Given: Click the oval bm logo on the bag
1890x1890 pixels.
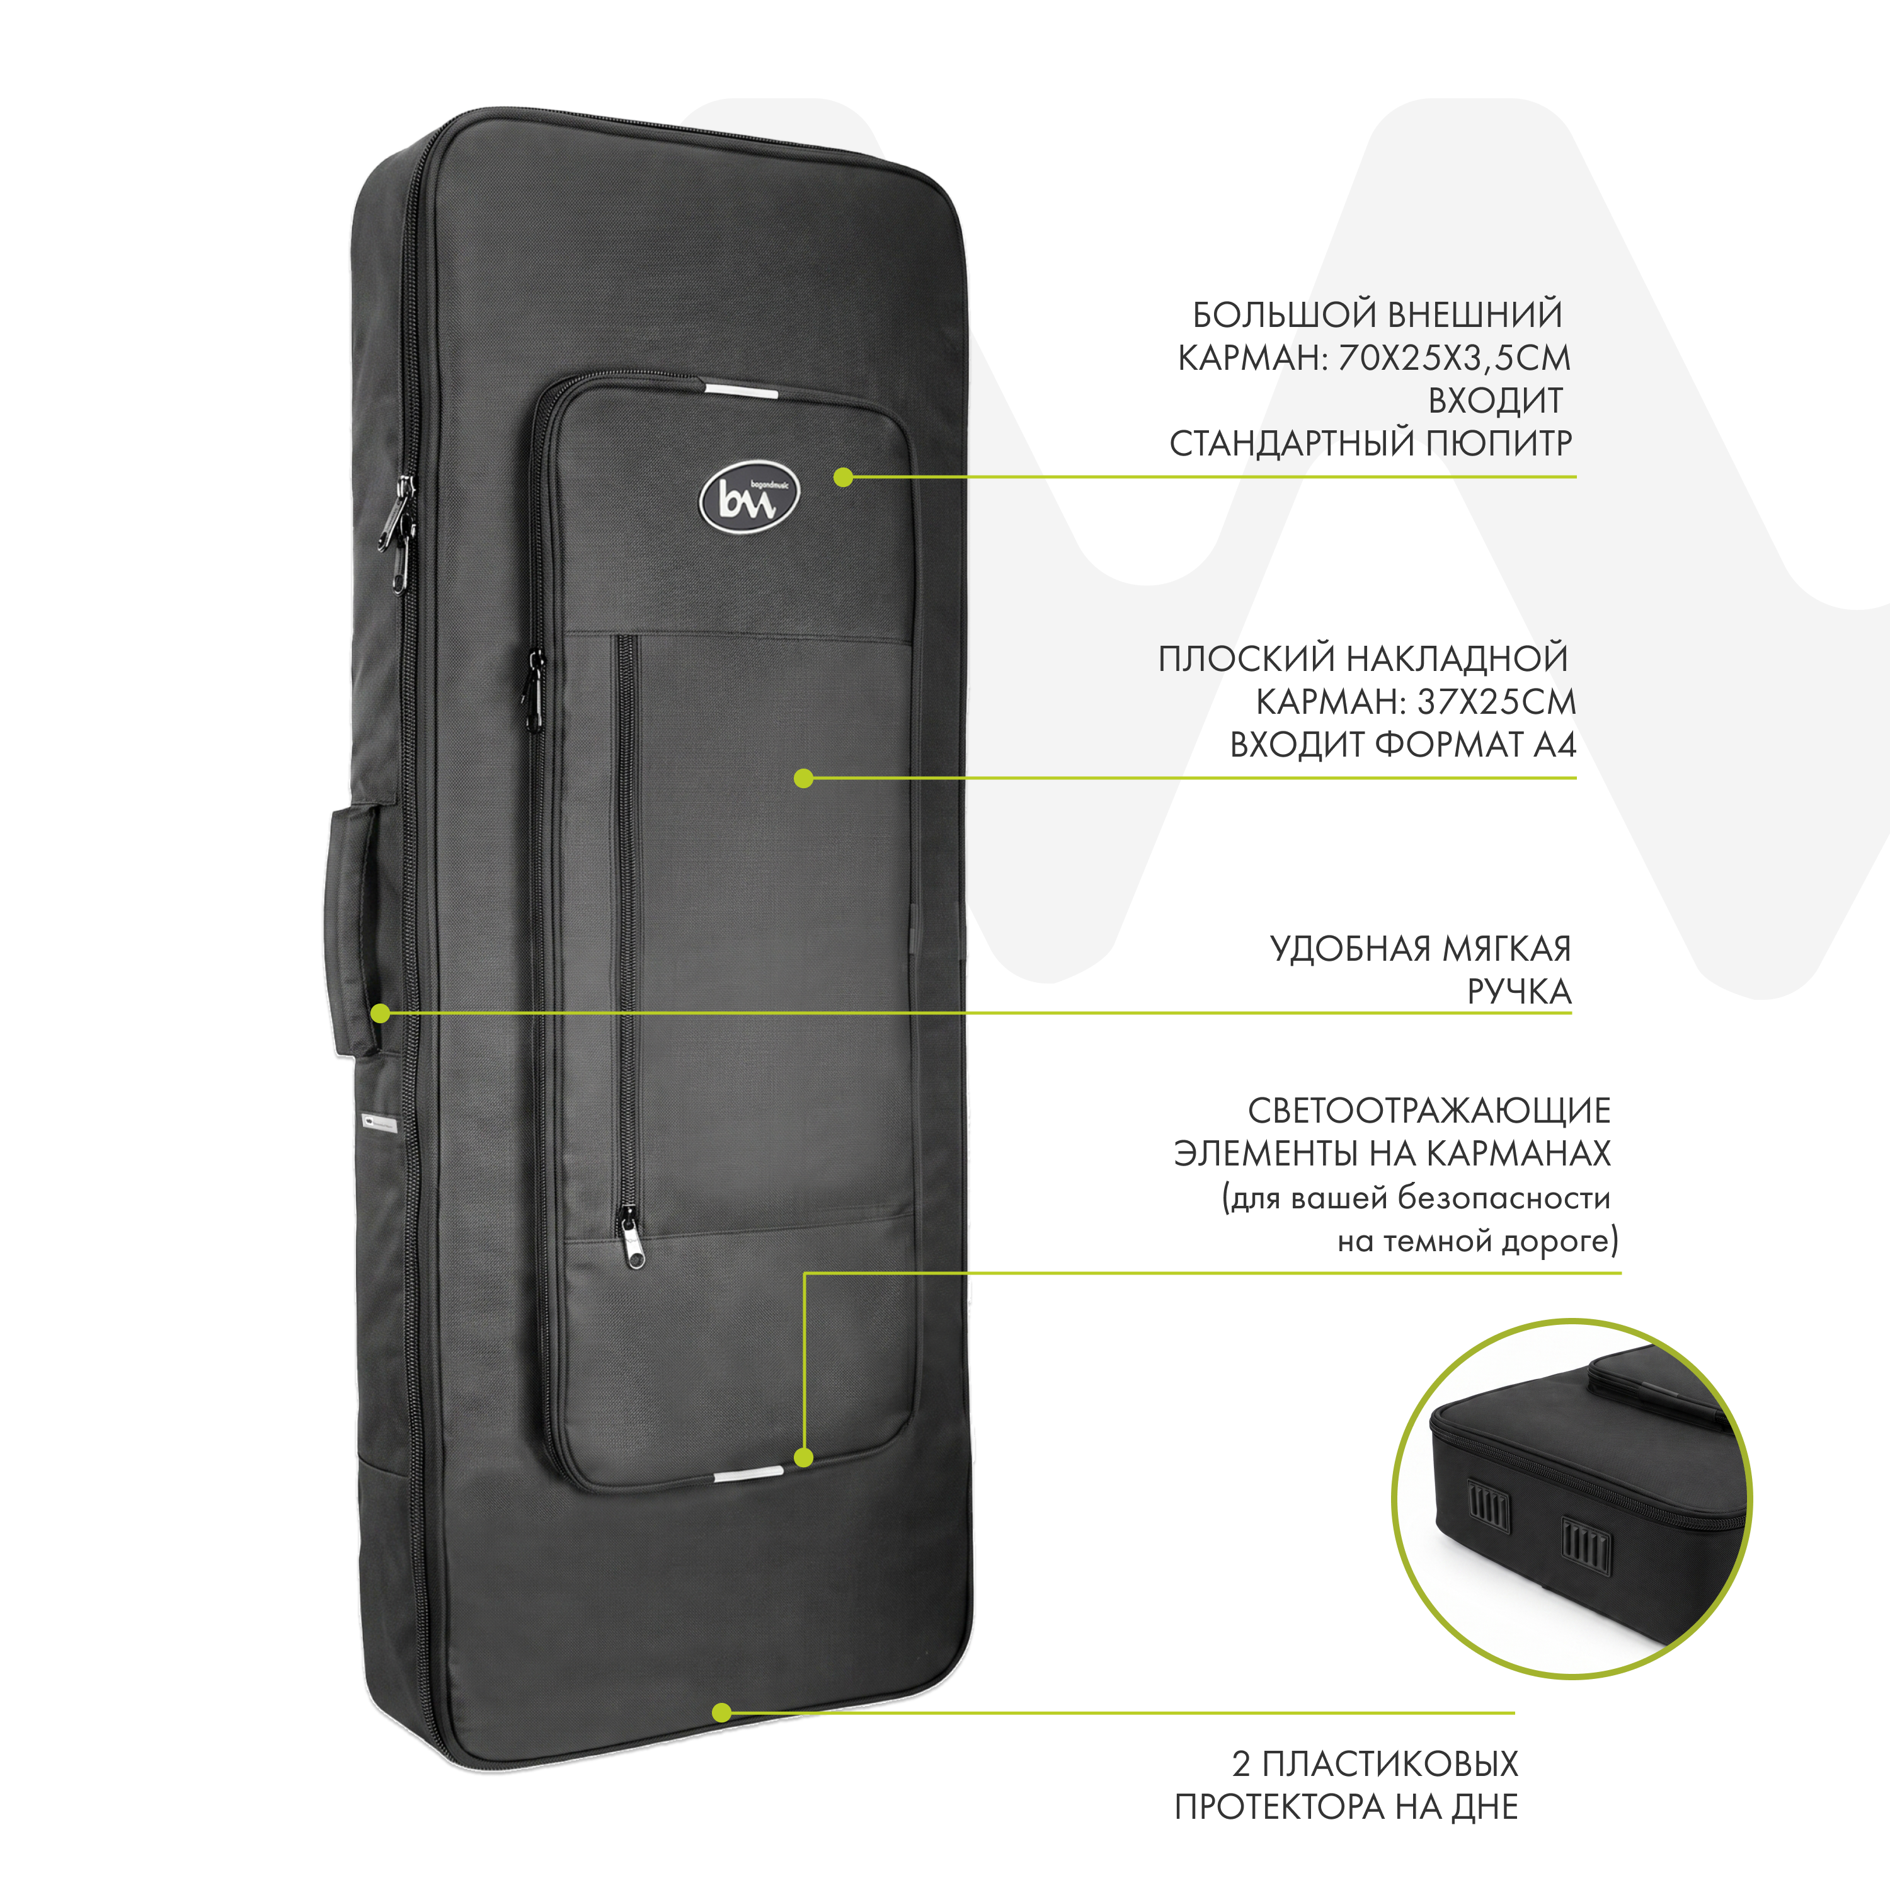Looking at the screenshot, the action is tap(749, 499).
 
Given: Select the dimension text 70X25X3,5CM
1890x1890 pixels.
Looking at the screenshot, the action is tap(1453, 359).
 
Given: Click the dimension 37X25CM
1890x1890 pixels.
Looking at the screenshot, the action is tap(1497, 702).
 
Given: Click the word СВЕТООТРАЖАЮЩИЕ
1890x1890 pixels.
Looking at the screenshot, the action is tap(1429, 1111).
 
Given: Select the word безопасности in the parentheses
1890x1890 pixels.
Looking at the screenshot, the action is tap(1504, 1198).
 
